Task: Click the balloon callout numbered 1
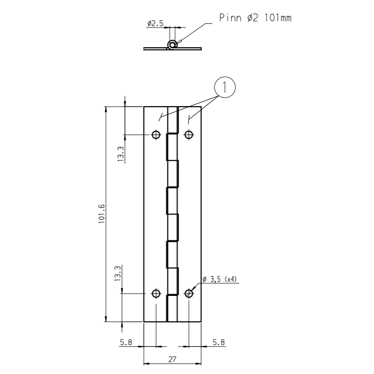click(x=225, y=87)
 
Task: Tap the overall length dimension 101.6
click(x=101, y=214)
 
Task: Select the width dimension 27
click(x=172, y=359)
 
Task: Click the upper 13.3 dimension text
click(x=121, y=154)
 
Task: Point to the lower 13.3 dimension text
click(x=118, y=273)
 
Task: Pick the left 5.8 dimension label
click(x=126, y=342)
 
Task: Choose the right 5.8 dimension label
click(x=219, y=342)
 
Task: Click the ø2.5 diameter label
click(x=155, y=23)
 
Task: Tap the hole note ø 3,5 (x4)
click(x=220, y=279)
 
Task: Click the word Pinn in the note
click(x=230, y=18)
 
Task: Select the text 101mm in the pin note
click(x=278, y=18)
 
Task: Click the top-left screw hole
click(x=156, y=135)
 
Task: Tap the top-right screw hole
click(x=189, y=135)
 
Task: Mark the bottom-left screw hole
click(x=156, y=294)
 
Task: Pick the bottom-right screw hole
click(x=189, y=294)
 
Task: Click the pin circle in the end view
click(x=172, y=44)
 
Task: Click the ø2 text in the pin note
click(x=252, y=18)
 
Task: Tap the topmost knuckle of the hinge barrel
click(x=173, y=120)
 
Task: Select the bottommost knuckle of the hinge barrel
click(x=172, y=309)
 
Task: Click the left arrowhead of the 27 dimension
click(x=146, y=364)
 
